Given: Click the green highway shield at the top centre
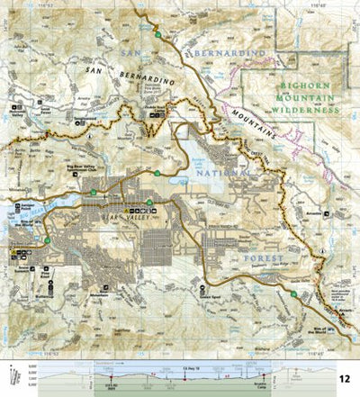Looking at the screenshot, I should tap(157, 34).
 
